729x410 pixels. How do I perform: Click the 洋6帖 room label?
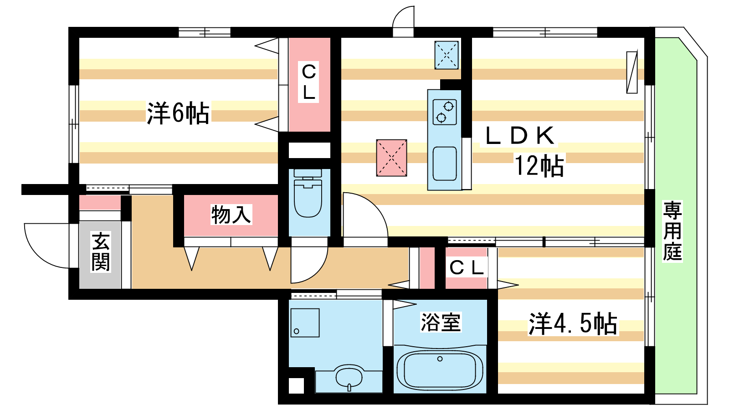(178, 113)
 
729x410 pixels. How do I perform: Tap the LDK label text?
(520, 135)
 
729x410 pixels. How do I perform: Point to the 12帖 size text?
(539, 165)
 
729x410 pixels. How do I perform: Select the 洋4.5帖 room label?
(573, 323)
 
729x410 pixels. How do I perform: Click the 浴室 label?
(441, 322)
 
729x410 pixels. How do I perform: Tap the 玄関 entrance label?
(101, 251)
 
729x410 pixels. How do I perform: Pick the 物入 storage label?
(231, 215)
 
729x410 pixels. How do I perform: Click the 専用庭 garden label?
(673, 231)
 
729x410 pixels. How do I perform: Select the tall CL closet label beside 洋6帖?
(309, 82)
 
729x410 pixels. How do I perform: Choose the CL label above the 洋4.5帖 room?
(467, 268)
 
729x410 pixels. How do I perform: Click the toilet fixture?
(308, 193)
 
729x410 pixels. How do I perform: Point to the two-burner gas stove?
(445, 112)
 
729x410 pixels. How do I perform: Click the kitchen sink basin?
(445, 164)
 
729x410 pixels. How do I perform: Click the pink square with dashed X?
(391, 158)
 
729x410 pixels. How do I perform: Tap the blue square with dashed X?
(447, 55)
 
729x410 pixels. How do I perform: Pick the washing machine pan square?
(305, 323)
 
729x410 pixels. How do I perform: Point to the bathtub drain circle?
(440, 359)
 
